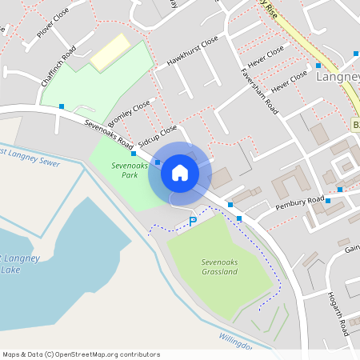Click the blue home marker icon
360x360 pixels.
180,172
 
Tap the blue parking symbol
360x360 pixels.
193,221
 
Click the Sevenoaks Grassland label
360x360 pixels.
219,266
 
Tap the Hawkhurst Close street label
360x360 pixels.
192,50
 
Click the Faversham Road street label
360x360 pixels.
258,89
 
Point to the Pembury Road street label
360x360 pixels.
299,202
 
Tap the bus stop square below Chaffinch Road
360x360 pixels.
62,106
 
